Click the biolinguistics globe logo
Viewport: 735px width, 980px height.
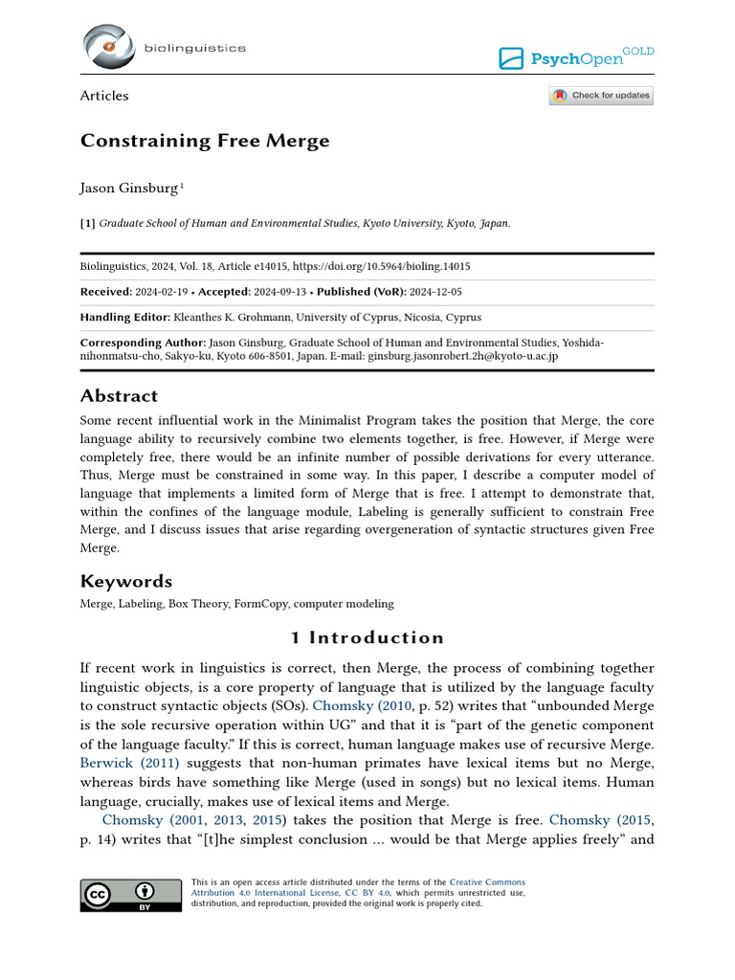coord(108,48)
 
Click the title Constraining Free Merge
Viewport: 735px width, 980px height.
coord(205,141)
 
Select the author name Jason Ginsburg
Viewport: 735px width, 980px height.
coord(129,189)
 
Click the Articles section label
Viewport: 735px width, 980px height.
coord(104,96)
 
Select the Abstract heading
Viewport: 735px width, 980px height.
coord(120,396)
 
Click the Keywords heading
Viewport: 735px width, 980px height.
coord(126,581)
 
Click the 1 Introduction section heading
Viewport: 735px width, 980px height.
coord(367,638)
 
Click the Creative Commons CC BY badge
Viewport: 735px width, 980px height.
coord(131,894)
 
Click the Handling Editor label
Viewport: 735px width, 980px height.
coord(124,317)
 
